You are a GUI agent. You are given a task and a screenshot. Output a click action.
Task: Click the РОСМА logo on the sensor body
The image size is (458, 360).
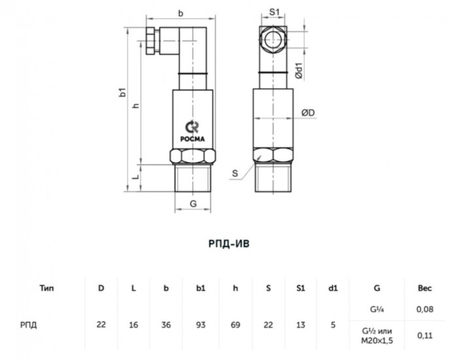pos(192,131)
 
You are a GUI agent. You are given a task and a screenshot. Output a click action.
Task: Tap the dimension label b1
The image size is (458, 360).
pos(123,92)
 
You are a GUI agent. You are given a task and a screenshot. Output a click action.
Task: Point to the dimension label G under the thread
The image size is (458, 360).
pos(193,204)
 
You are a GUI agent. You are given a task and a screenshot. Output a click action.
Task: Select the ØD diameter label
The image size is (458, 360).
pos(308,113)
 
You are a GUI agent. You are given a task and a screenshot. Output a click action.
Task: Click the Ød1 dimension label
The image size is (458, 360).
pos(299,71)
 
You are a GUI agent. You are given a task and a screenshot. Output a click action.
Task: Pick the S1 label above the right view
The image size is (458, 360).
pos(274,12)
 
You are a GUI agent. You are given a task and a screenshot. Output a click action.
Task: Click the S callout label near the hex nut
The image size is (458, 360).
pos(235,173)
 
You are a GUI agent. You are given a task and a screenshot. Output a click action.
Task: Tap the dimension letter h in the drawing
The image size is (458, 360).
pos(136,105)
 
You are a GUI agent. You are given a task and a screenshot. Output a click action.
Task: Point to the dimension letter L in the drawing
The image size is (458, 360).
pos(135,177)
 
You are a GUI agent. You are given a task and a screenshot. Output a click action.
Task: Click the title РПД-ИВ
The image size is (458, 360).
pos(229,243)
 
